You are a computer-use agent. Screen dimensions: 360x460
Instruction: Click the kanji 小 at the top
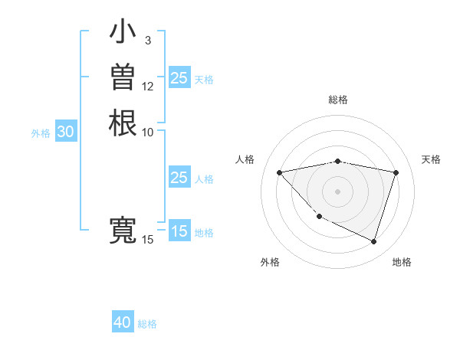pos(123,33)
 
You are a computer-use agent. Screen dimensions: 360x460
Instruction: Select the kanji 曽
pos(123,78)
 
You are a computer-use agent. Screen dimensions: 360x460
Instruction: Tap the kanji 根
pos(123,123)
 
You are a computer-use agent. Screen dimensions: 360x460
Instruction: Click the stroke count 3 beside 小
pos(147,41)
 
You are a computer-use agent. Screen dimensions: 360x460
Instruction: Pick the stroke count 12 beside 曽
pos(148,86)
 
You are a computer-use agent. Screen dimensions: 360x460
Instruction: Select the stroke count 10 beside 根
pos(148,132)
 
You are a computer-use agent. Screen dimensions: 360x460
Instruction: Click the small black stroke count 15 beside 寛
pos(148,240)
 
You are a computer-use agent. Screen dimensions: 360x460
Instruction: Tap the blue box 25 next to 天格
pos(179,78)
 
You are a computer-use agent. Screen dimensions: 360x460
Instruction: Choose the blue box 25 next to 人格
pos(179,178)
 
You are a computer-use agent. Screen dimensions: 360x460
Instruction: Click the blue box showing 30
pos(66,132)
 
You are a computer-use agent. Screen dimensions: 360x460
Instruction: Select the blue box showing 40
pos(123,322)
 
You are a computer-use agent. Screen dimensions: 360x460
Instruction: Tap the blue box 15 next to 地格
pos(179,231)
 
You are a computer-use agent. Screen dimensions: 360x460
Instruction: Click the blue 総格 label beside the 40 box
pos(148,324)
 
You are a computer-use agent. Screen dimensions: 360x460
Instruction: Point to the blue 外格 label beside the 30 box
pos(41,133)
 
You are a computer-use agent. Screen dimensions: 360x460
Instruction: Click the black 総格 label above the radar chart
pos(338,100)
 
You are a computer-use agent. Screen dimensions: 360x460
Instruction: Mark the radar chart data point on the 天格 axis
pos(396,172)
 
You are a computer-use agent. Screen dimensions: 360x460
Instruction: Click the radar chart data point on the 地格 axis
pos(373,241)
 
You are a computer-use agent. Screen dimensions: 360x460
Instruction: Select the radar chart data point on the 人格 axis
pos(280,172)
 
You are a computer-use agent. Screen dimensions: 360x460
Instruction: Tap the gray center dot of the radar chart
pos(338,191)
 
